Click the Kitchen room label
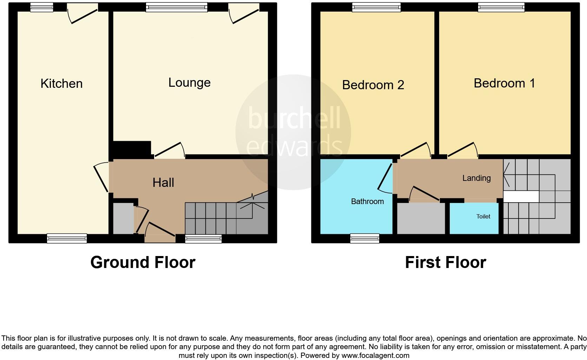tap(61, 84)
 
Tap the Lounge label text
tap(189, 83)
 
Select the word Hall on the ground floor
tap(163, 183)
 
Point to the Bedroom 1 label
tap(504, 83)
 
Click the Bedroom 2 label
tap(373, 85)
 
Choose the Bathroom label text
tap(367, 202)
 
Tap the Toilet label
tap(483, 217)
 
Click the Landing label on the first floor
tap(476, 178)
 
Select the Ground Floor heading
tap(143, 262)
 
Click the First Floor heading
tap(445, 262)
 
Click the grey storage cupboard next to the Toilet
tap(421, 218)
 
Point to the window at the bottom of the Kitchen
tap(67, 238)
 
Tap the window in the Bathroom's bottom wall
tap(364, 238)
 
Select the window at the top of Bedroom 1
tap(501, 7)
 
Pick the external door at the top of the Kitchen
tap(83, 14)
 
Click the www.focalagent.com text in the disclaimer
tap(375, 355)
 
